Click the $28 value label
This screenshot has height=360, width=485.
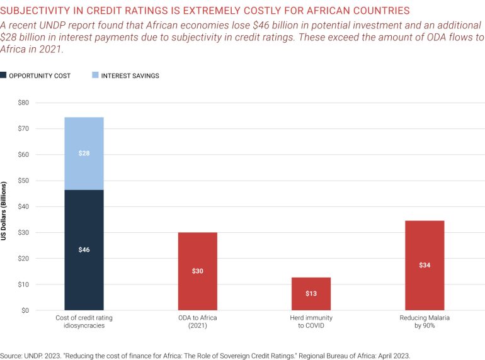click(84, 154)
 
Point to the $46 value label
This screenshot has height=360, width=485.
click(84, 250)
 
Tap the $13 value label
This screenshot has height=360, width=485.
click(311, 294)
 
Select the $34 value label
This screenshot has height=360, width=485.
click(425, 265)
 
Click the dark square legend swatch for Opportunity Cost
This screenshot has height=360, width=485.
click(4, 76)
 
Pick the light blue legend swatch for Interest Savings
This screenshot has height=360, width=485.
click(94, 76)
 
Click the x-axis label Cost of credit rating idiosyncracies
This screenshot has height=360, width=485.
click(84, 322)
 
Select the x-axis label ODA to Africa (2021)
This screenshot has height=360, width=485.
click(197, 322)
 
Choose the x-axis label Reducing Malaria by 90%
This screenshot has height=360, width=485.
click(425, 322)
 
